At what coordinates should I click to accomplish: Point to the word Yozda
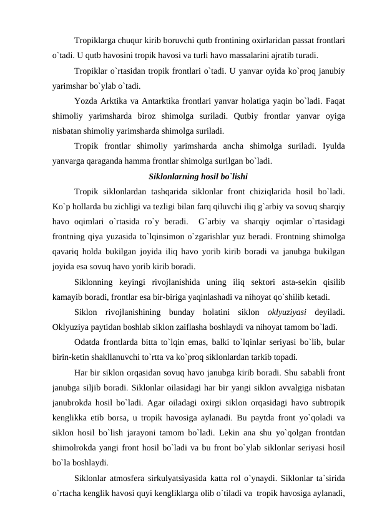86,101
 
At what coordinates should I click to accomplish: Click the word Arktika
120,101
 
